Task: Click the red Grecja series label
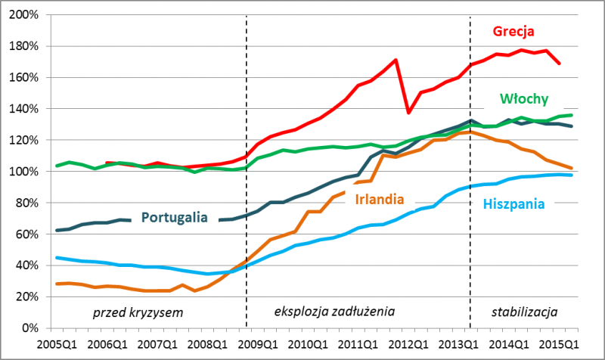pos(513,32)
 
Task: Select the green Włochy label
pos(523,99)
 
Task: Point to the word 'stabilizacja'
pos(524,311)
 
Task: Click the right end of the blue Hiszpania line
pos(570,175)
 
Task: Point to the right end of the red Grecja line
pos(559,64)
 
